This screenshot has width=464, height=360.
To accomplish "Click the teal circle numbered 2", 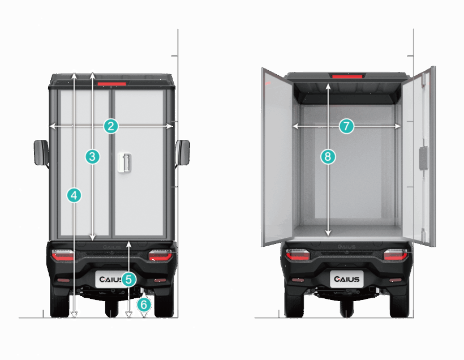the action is [111, 126].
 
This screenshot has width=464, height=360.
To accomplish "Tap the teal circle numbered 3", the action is [93, 156].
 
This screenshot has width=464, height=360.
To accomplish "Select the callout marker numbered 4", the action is [74, 195].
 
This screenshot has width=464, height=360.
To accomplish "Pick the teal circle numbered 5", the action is [128, 280].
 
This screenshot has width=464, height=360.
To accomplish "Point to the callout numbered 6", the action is [144, 305].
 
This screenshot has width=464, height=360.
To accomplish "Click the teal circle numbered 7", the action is [346, 126].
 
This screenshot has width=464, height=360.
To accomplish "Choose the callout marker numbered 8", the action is [328, 156].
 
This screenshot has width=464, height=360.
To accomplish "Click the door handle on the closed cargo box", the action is [124, 162].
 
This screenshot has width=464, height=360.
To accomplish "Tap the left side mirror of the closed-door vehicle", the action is [41, 152].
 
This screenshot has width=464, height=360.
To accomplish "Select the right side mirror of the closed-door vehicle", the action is [183, 152].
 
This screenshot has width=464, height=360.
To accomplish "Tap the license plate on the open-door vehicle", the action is [346, 279].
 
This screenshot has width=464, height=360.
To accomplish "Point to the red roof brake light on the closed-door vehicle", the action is [112, 84].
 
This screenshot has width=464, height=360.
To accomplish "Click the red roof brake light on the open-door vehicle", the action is [347, 76].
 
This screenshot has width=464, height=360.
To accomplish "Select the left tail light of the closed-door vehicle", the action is [63, 255].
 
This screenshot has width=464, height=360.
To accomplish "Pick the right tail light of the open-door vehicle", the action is [396, 255].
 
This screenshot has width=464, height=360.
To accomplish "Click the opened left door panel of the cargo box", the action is [277, 157].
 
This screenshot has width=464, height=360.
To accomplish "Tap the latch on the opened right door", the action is [424, 158].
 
